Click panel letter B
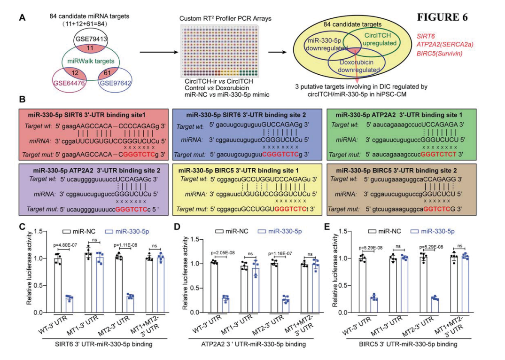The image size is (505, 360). pos(22,100)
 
